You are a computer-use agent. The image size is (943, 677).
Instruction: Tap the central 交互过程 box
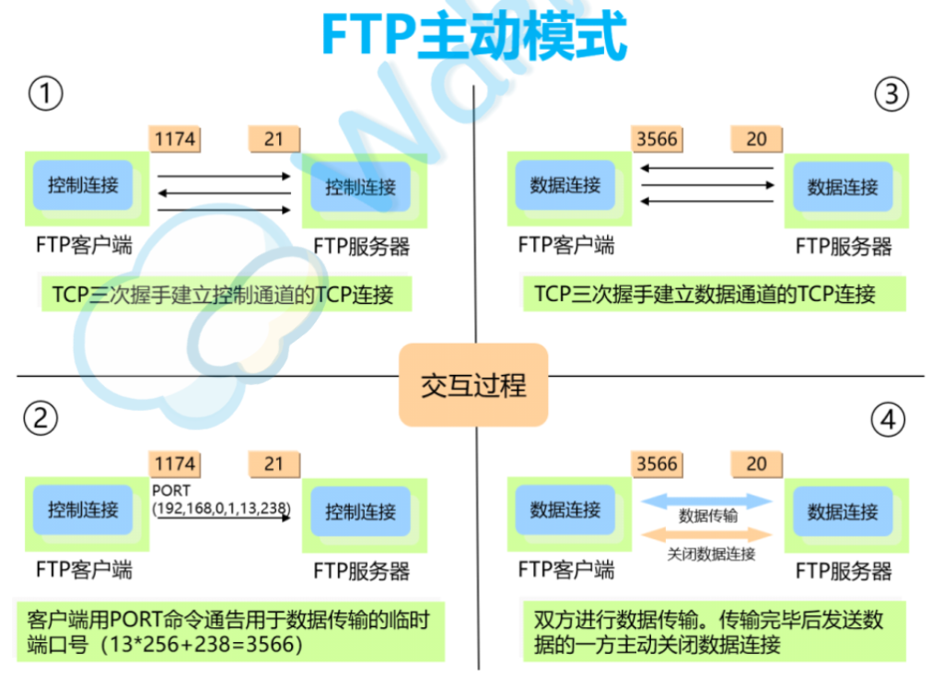(473, 385)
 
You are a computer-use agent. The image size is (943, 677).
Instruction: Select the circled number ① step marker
(45, 94)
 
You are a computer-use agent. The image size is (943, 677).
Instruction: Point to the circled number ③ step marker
(891, 94)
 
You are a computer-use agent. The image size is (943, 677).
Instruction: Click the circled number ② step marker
(41, 419)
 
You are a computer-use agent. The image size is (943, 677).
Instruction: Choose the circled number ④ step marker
(887, 420)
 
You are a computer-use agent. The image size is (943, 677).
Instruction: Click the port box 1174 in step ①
(174, 139)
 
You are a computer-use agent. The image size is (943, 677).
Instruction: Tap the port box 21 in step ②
(274, 464)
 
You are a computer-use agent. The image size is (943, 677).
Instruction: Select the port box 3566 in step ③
(657, 139)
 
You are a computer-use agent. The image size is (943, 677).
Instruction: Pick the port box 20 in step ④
(756, 464)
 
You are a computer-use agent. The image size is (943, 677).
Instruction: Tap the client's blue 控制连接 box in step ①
(83, 184)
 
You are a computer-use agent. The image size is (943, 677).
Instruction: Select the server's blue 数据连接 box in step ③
(843, 187)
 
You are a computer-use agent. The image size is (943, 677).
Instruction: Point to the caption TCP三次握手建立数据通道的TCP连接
(705, 295)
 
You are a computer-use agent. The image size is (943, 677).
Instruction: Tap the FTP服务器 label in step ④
(844, 571)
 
